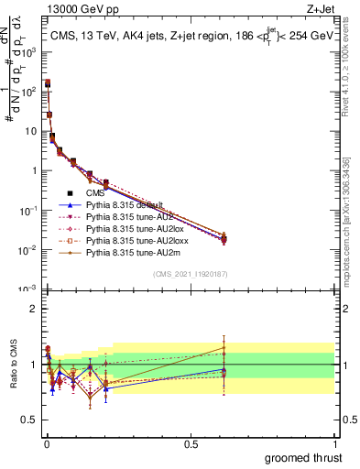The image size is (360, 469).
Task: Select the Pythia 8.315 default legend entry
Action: (125, 204)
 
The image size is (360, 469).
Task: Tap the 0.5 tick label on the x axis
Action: (190, 443)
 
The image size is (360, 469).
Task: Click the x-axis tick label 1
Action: (333, 443)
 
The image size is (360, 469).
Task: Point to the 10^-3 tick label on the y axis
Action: (27, 289)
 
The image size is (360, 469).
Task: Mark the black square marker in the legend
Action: (70, 192)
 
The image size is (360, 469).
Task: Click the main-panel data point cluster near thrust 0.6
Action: (224, 239)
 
